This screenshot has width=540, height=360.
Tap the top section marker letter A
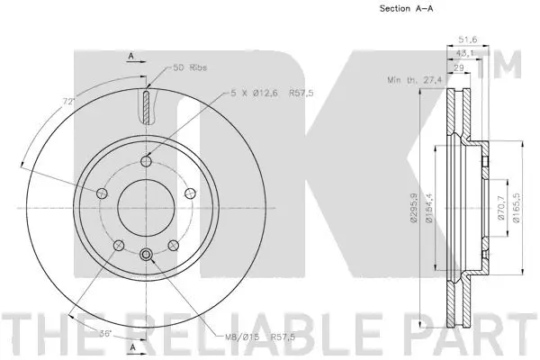click(x=130, y=54)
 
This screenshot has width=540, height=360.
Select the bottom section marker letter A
click(x=130, y=346)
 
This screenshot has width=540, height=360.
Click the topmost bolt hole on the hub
click(x=146, y=162)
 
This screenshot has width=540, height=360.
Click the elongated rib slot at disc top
click(x=146, y=105)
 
